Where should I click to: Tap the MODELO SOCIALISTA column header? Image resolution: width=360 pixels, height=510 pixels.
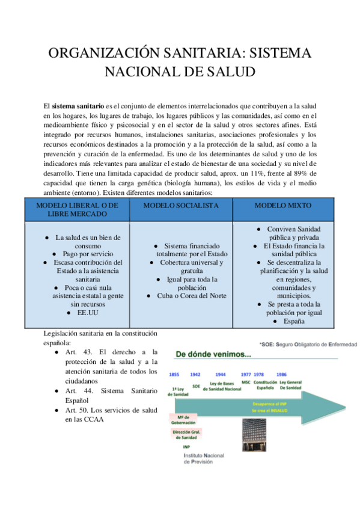181,205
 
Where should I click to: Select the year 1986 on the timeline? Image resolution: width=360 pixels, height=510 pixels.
281,374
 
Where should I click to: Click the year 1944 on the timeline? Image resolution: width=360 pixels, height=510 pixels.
221,374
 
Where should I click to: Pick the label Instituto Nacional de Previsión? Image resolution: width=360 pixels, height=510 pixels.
205,460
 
